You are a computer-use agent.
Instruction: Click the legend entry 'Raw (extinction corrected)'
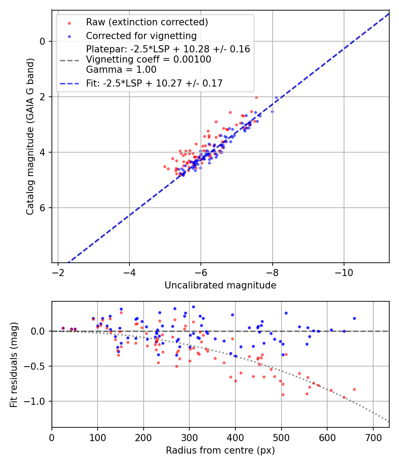147,22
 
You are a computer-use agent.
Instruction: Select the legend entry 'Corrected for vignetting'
141,36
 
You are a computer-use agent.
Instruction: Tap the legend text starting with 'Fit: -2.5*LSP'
154,83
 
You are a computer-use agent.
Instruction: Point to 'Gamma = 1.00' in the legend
121,69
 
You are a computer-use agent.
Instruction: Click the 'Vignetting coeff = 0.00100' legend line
149,59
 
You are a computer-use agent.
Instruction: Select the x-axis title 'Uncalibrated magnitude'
220,285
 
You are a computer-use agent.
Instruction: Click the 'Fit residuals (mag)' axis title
14,364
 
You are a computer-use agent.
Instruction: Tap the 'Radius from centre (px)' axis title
220,450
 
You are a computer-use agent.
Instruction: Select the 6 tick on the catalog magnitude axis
43,208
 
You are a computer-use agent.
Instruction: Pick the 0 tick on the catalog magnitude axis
43,41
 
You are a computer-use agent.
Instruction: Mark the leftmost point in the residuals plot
63,328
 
